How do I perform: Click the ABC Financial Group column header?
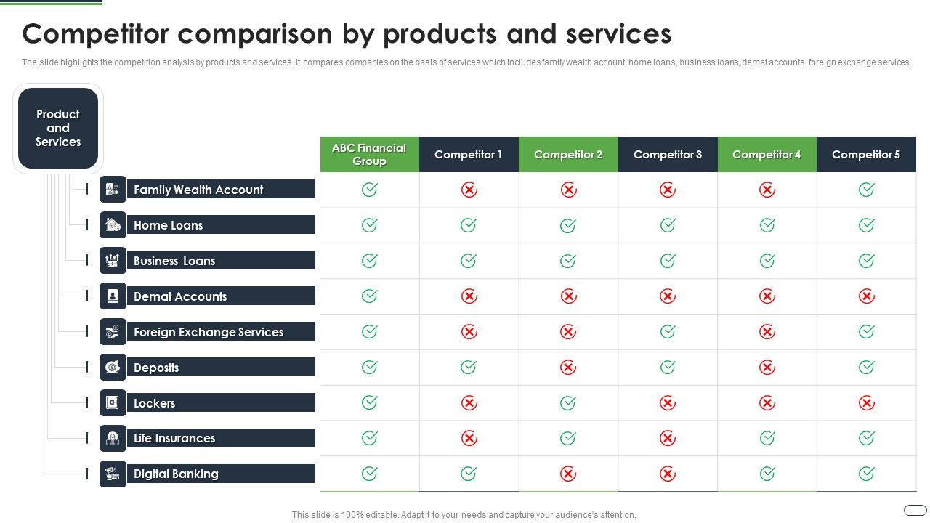[369, 154]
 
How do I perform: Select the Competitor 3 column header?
[667, 154]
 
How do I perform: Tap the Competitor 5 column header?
[866, 154]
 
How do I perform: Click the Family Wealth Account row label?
[198, 190]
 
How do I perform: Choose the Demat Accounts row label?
[180, 296]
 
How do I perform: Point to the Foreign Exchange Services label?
[209, 332]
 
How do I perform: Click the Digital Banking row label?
[176, 474]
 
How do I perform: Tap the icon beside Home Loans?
[113, 225]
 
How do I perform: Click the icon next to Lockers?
[113, 402]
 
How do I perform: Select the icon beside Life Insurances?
[113, 438]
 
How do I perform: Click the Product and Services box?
[58, 129]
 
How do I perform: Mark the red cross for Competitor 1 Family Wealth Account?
[469, 190]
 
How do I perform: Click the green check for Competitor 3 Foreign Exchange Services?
[667, 332]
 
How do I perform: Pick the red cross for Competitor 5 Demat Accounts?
[866, 296]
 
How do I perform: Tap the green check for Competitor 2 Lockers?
[568, 402]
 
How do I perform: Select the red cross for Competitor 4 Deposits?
[767, 368]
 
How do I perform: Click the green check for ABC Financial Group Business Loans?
[369, 261]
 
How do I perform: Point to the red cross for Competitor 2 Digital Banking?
[568, 474]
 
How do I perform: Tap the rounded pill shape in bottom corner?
[915, 510]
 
